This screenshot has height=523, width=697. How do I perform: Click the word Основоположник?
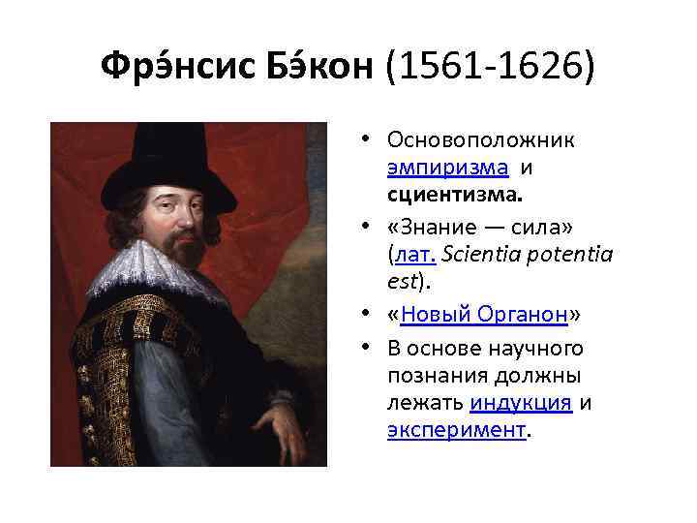point(480,140)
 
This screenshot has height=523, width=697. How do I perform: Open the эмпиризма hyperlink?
point(447,167)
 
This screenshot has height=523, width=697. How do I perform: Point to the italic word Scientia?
point(476,255)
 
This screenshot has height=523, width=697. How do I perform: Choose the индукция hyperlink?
point(522,404)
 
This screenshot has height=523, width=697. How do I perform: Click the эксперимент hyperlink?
point(456,430)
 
